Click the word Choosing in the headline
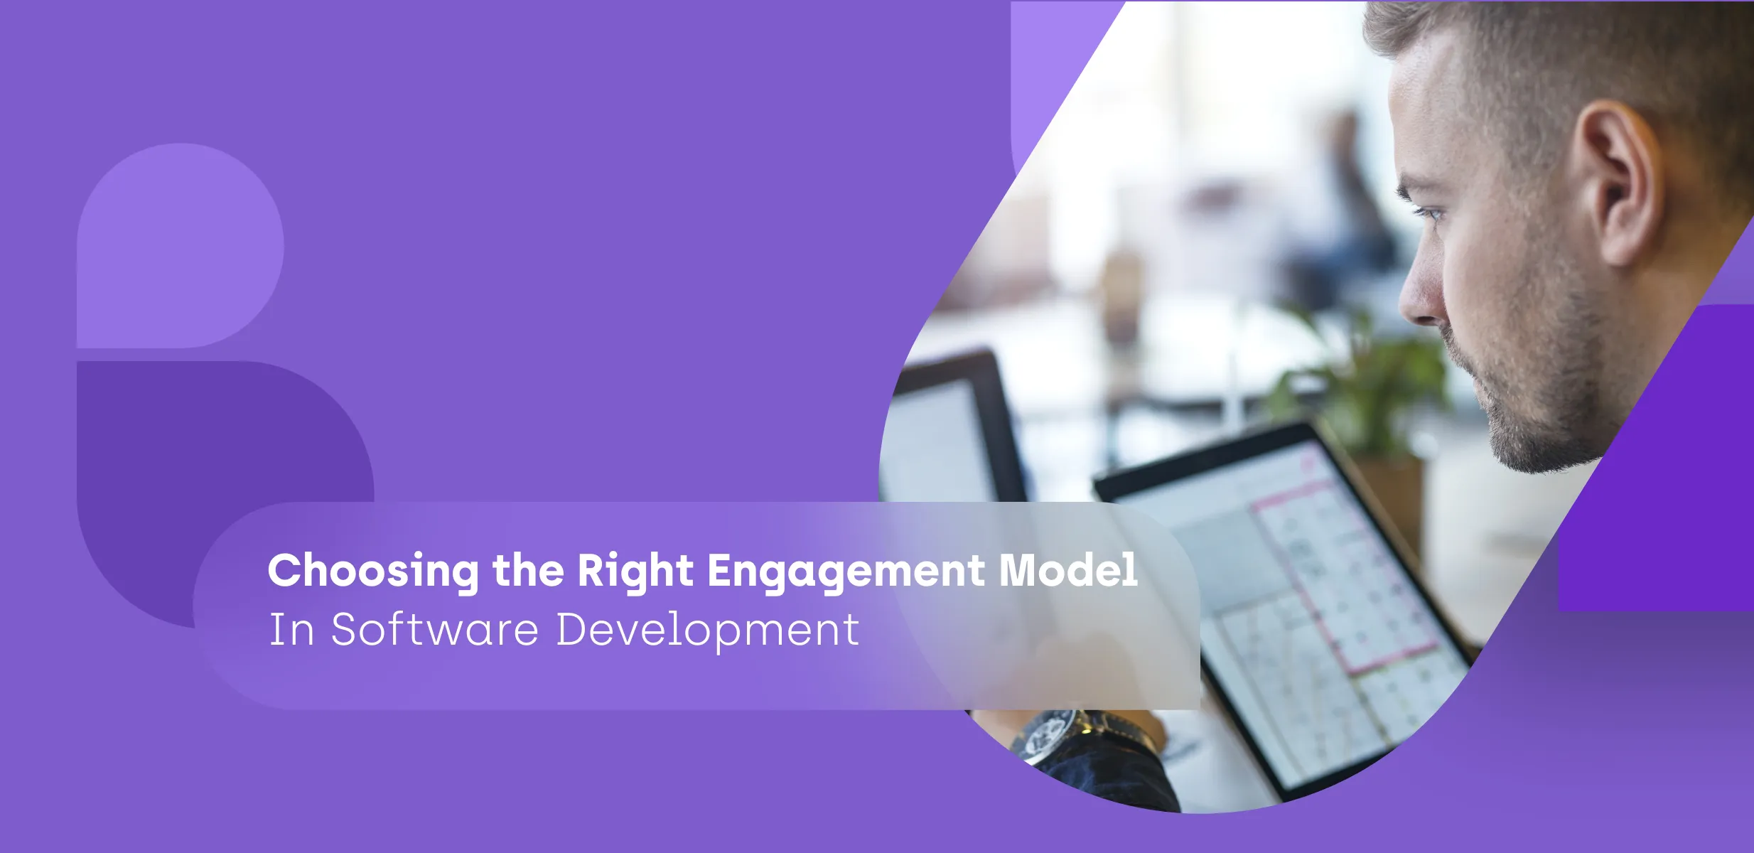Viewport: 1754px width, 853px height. [x=374, y=572]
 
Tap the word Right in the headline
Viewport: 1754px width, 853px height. [x=635, y=570]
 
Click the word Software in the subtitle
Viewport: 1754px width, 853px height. [x=435, y=629]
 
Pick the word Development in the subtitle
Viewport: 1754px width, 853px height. [x=708, y=631]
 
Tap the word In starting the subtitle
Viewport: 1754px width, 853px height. [x=291, y=630]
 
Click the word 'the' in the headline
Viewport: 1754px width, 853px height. [x=528, y=570]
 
